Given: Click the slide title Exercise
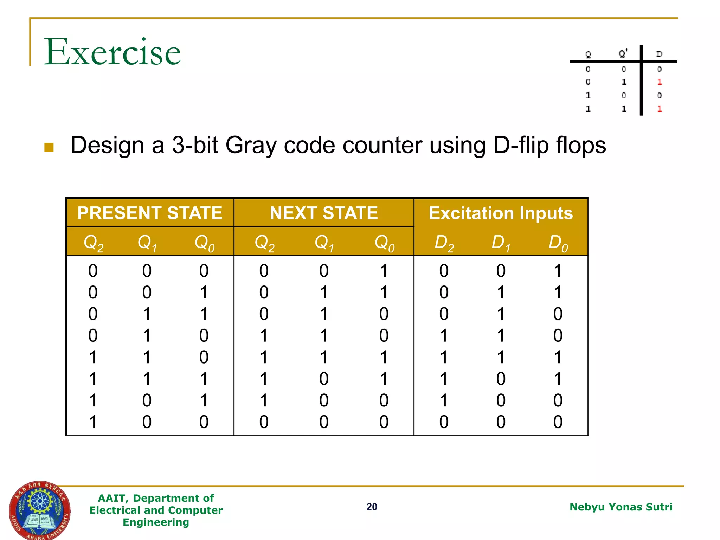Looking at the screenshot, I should [112, 52].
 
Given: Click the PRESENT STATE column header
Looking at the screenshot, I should [150, 213].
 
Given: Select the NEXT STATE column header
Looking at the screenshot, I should [324, 213].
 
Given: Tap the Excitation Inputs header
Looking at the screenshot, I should [501, 213].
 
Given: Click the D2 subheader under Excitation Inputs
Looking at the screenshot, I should [444, 243].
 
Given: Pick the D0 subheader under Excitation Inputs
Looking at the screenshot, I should [558, 243].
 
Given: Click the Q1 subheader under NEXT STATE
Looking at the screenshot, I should [324, 243].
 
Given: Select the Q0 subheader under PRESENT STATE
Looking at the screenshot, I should [204, 243].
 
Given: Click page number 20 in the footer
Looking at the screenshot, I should [372, 507].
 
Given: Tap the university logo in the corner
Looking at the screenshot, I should [39, 510].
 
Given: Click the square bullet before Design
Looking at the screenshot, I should [49, 147].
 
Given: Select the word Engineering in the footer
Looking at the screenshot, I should [156, 522].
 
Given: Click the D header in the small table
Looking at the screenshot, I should [659, 54].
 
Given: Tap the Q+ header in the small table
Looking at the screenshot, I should [623, 53].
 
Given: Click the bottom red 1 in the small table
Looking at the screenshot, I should [659, 109].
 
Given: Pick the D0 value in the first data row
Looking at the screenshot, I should [558, 271].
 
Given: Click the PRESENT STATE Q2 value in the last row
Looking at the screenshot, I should [93, 422].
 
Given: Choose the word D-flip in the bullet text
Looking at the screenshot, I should [521, 145].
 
